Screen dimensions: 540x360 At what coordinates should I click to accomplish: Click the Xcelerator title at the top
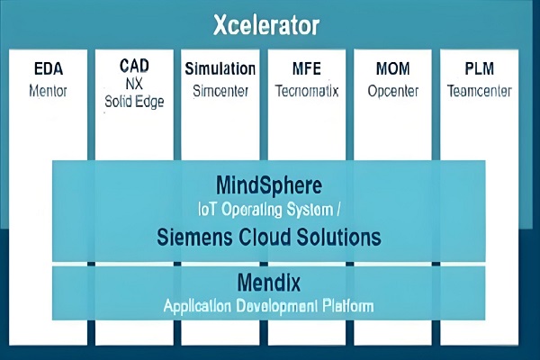[266, 25]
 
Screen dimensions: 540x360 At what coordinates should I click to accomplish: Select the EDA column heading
[49, 68]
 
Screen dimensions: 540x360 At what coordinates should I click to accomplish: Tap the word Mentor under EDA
[48, 91]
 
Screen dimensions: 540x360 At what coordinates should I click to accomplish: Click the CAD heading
[134, 66]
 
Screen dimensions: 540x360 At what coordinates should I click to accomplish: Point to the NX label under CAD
[134, 84]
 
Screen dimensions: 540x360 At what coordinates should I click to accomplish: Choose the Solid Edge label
[134, 102]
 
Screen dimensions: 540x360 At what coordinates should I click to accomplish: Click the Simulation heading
[220, 68]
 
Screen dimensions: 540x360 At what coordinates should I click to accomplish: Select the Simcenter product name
[220, 91]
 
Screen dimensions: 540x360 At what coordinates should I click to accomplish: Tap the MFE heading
[307, 68]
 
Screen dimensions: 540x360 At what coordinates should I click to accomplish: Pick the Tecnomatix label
[307, 91]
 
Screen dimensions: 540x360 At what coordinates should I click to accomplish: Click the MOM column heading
[393, 68]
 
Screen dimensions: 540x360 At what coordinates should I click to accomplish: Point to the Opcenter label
[393, 92]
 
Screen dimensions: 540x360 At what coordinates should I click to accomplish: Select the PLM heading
[480, 68]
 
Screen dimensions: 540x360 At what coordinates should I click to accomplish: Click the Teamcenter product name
[480, 91]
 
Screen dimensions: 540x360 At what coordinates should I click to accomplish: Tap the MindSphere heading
[269, 185]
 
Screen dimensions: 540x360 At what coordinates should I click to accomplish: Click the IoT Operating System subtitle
[269, 210]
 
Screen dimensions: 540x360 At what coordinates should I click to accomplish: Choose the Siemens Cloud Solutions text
[269, 237]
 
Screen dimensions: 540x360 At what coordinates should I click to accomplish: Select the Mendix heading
[269, 283]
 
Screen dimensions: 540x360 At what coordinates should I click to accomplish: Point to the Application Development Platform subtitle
[268, 306]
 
